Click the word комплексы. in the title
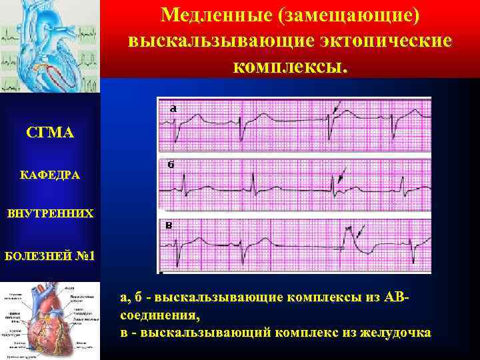click(x=290, y=67)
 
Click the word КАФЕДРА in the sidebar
click(x=51, y=175)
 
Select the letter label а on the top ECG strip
click(x=173, y=107)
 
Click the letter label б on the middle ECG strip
click(x=171, y=165)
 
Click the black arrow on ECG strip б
click(x=342, y=175)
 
